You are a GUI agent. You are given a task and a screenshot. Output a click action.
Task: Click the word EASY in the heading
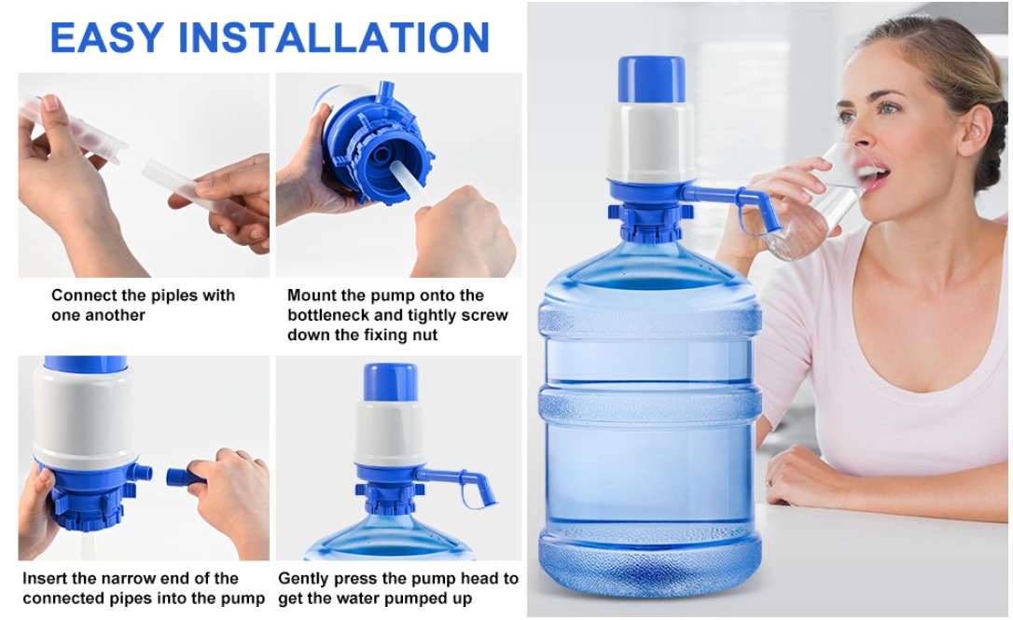coord(107,37)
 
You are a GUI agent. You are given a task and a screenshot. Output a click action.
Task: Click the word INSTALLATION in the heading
coord(334,37)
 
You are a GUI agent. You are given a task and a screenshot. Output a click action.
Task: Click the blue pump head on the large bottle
coord(651,79)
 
